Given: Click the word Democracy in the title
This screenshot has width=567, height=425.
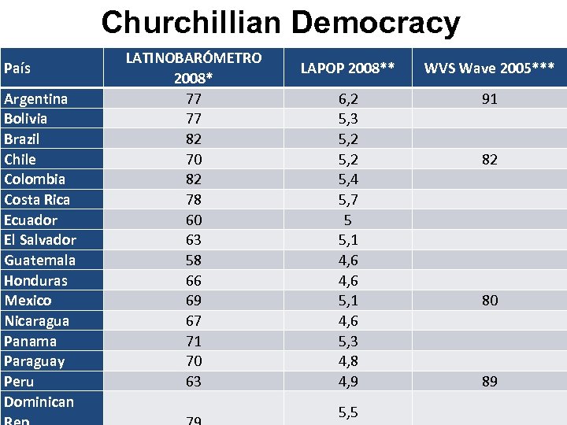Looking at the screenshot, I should [x=376, y=23].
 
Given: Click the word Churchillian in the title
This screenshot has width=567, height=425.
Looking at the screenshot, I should [x=191, y=23].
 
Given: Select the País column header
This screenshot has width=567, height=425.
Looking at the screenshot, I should [x=19, y=68].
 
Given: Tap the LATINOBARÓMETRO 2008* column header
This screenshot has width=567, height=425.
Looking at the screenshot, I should [x=194, y=68].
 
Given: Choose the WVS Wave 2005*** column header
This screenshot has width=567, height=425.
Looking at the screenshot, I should [x=489, y=68].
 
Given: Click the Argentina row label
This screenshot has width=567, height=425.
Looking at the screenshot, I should [x=35, y=98].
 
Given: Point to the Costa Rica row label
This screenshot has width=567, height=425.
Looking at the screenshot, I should [x=37, y=199].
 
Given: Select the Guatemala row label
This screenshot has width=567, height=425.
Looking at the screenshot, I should [x=40, y=260].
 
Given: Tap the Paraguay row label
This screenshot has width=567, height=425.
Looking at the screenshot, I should [x=35, y=360].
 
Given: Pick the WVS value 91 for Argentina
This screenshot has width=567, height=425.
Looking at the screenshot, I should [x=490, y=99].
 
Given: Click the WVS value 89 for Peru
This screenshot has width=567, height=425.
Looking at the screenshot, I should [x=490, y=381].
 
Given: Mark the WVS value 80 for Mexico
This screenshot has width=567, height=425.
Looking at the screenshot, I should [x=490, y=300].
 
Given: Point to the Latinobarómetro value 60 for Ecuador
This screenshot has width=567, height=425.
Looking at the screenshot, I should [x=194, y=220].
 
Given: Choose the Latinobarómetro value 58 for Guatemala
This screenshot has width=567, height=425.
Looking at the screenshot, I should [x=194, y=260].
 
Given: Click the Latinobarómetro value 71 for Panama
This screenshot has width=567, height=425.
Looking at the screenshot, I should [x=194, y=341].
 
